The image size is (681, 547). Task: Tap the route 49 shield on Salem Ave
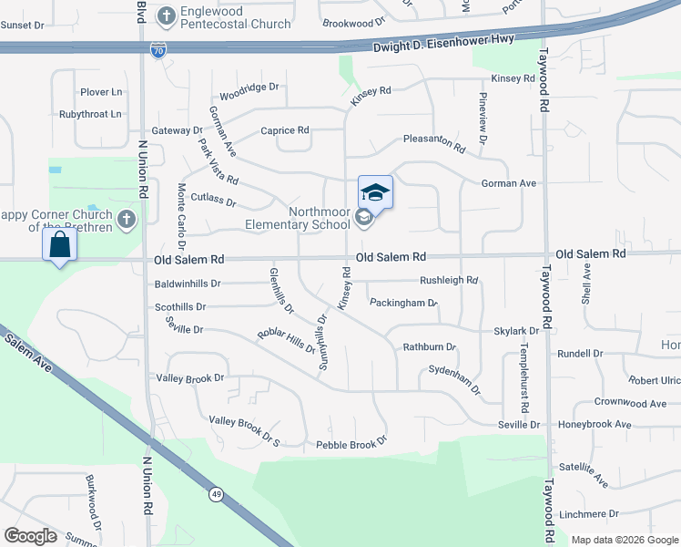pyautogui.click(x=217, y=494)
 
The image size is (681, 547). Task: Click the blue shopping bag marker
pyautogui.click(x=59, y=245)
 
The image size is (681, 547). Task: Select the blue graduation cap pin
pyautogui.click(x=375, y=192)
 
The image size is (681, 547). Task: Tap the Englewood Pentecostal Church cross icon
pyautogui.click(x=167, y=15)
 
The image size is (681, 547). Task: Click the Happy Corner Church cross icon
pyautogui.click(x=127, y=219)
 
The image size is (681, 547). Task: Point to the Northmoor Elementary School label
pyautogui.click(x=297, y=218)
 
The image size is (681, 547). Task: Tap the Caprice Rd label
pyautogui.click(x=285, y=130)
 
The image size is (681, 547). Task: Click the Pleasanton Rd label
pyautogui.click(x=435, y=142)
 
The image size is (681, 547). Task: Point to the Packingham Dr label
pyautogui.click(x=403, y=302)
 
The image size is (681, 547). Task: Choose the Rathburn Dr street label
pyautogui.click(x=429, y=346)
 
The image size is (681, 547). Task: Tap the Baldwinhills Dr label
pyautogui.click(x=188, y=284)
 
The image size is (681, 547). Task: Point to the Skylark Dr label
pyautogui.click(x=516, y=331)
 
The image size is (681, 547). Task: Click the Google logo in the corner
pyautogui.click(x=31, y=536)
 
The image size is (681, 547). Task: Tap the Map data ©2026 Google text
pyautogui.click(x=625, y=540)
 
